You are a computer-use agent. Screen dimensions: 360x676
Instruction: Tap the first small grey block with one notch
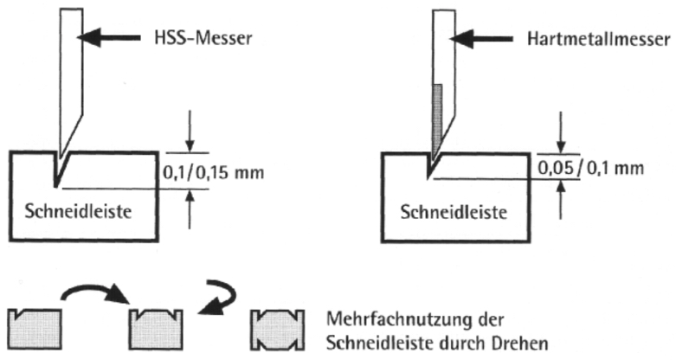[35, 327]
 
